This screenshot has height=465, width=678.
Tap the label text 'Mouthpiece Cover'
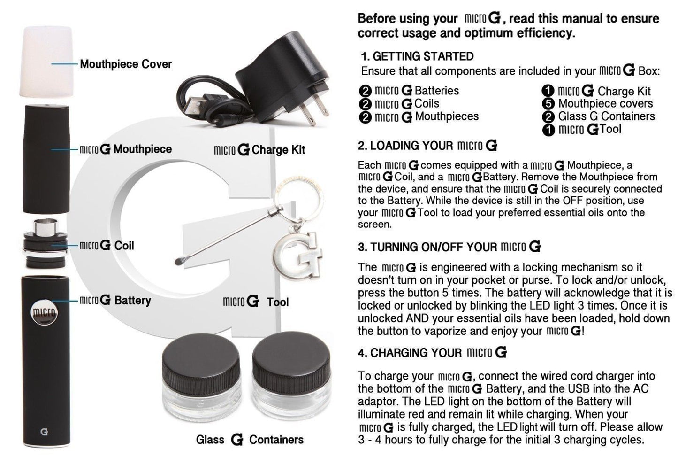(x=126, y=64)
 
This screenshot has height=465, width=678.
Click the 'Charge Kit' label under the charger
(x=278, y=150)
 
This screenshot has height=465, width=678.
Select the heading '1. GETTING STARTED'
(x=417, y=56)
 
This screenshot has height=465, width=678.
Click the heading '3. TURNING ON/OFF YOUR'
(x=427, y=247)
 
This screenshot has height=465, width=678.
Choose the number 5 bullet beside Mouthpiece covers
(x=548, y=104)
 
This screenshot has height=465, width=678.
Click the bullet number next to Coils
(x=365, y=104)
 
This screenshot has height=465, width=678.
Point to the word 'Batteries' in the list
(x=437, y=91)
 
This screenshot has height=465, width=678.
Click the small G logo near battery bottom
(x=44, y=432)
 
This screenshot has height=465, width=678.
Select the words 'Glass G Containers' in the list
(x=606, y=116)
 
